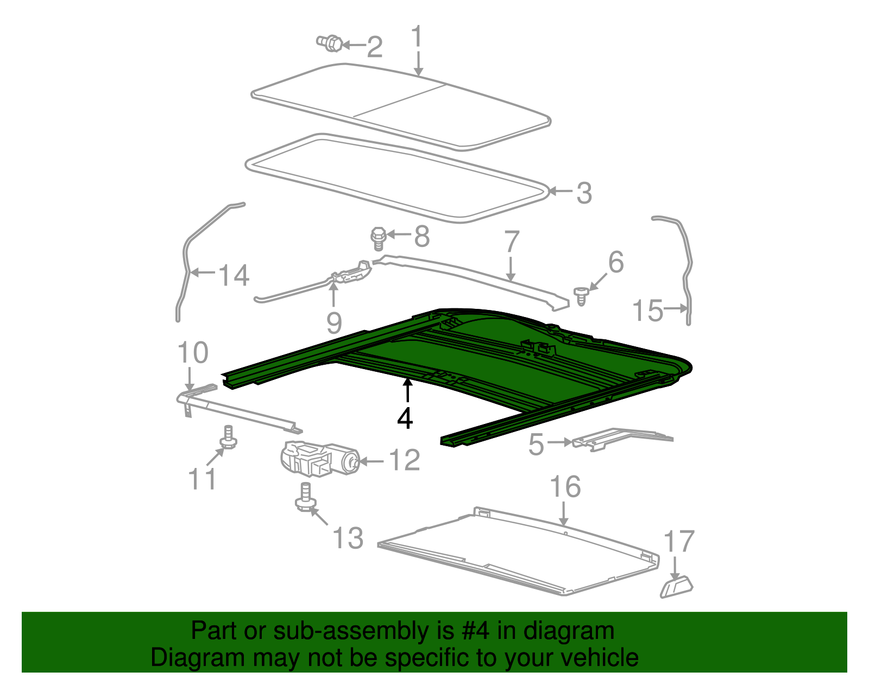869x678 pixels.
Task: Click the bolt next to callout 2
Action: (x=329, y=43)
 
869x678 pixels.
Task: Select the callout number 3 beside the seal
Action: (x=584, y=193)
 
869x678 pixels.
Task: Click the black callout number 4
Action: (x=405, y=419)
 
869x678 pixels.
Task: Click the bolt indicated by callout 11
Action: (x=228, y=437)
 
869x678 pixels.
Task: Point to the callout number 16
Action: (x=565, y=486)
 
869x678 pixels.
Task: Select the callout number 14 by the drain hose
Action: (x=234, y=275)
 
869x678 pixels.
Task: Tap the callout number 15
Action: (x=647, y=311)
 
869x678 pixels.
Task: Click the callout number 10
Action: (x=193, y=353)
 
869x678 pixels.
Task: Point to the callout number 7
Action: (x=512, y=242)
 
